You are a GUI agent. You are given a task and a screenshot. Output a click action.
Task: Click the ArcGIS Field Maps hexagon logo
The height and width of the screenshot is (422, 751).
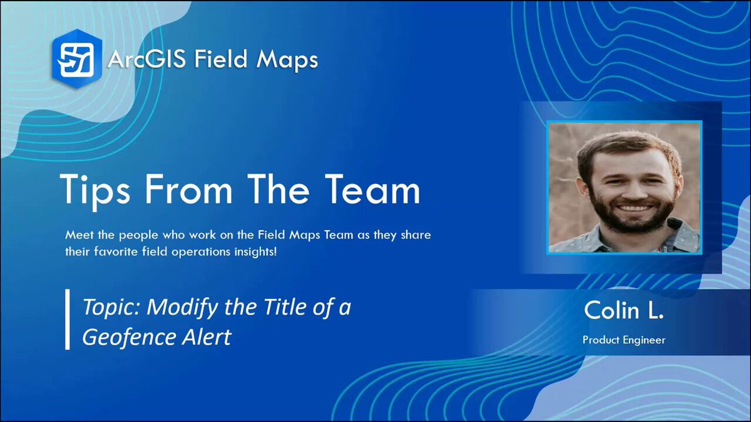(x=77, y=59)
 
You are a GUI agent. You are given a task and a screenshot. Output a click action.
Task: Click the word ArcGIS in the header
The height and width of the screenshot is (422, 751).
(x=146, y=59)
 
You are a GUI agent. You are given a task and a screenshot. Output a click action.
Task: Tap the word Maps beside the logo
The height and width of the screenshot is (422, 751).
(x=287, y=60)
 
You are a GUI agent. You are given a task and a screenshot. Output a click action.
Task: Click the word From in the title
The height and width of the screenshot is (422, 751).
(x=188, y=189)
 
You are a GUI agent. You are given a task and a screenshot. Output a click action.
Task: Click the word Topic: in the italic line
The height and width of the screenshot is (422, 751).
(x=111, y=308)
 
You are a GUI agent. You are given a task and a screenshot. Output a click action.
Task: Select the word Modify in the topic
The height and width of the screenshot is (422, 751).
(x=182, y=308)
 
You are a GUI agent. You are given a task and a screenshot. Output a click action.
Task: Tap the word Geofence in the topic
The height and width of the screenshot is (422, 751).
(x=129, y=337)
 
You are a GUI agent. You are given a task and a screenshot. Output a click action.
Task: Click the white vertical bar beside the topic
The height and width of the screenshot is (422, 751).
(x=68, y=319)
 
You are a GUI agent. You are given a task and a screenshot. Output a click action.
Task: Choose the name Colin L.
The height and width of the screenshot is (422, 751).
(x=624, y=311)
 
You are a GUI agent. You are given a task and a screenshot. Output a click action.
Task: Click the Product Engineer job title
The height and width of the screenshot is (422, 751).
(x=624, y=340)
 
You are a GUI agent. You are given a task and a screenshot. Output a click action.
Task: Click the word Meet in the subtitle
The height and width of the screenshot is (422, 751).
(x=79, y=235)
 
